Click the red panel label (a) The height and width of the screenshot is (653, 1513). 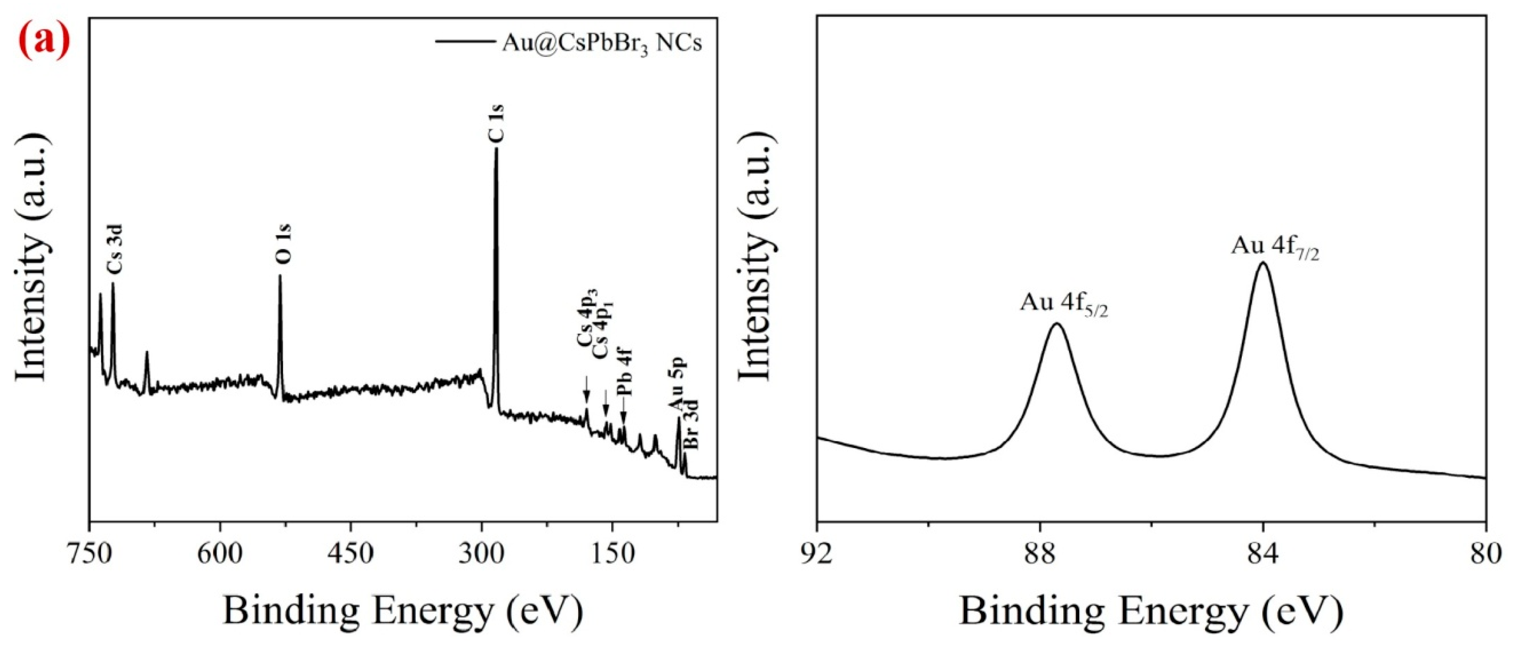[x=44, y=42]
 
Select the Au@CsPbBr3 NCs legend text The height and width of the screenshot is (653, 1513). [x=602, y=44]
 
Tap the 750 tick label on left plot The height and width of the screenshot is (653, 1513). [x=89, y=554]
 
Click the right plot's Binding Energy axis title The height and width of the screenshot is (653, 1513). [x=1151, y=612]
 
